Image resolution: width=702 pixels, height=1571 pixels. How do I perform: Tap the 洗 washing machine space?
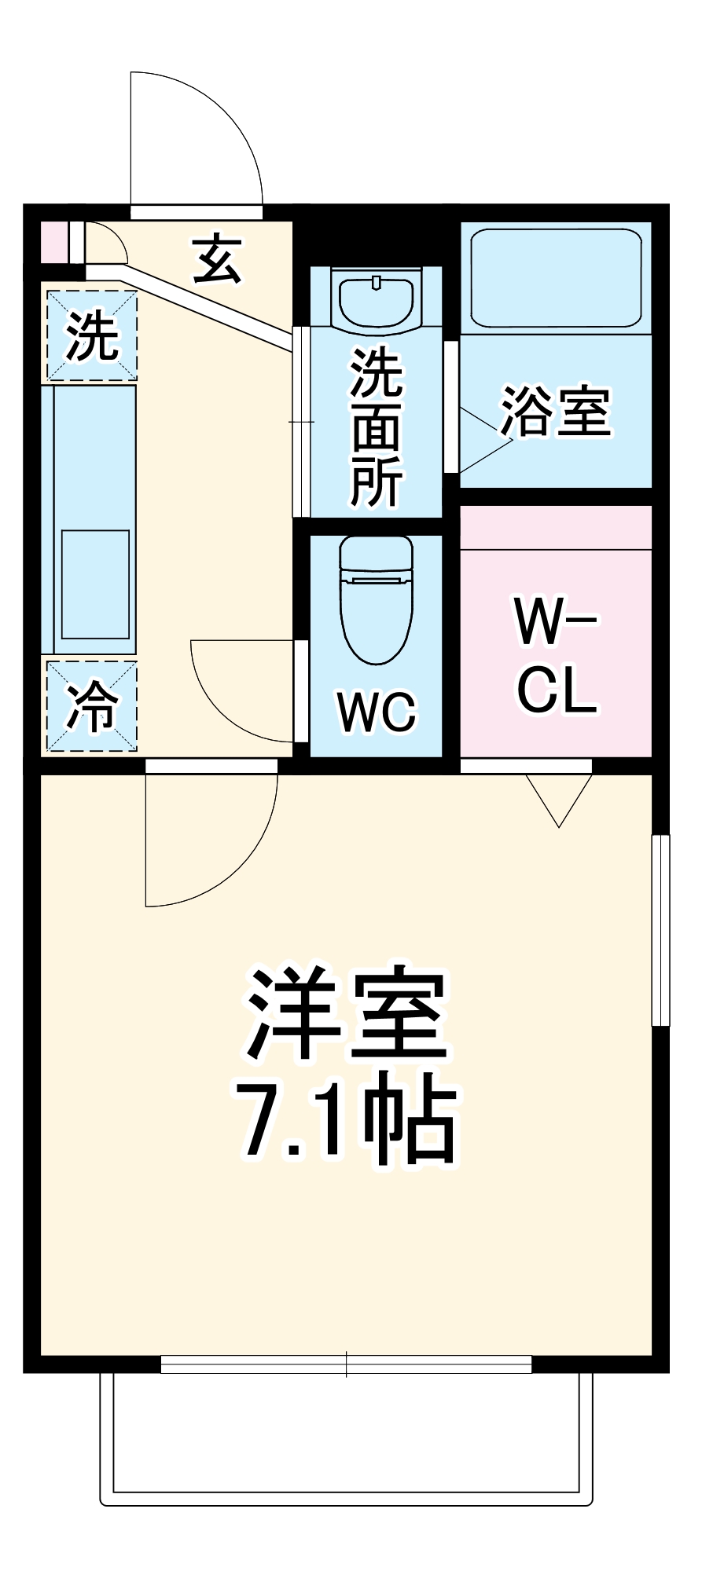coord(91,335)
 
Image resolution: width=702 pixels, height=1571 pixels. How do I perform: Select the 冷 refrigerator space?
coord(91,705)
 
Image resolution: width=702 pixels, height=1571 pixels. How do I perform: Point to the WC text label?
coord(377,712)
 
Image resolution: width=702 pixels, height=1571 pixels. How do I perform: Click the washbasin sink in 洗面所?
coord(377,299)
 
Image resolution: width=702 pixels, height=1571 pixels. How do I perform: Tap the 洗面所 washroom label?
coord(376,428)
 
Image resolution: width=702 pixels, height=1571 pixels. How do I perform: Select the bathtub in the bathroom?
coord(556,277)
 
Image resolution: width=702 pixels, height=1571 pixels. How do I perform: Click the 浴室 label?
coord(556,411)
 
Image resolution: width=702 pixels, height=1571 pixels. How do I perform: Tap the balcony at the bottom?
coord(346,1437)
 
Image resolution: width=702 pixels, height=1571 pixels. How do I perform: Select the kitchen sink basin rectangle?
coord(95,584)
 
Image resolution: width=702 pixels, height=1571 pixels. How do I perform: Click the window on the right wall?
coord(660,930)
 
